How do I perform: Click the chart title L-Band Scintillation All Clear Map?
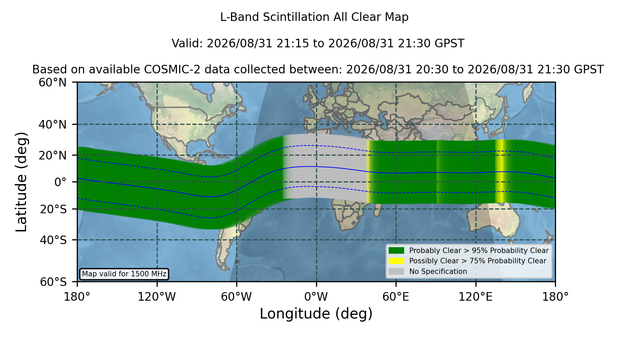[314, 17]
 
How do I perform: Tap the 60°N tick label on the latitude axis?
[53, 83]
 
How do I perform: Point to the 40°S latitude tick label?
[53, 240]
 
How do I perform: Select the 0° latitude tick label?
[60, 182]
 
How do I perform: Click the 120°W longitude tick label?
[157, 297]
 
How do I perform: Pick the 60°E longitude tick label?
[396, 297]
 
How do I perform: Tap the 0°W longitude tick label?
[316, 297]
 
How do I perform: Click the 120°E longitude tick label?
[475, 297]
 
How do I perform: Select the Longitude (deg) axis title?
[316, 314]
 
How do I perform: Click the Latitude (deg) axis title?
[22, 182]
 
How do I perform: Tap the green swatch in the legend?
[396, 251]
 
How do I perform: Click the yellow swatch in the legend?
[396, 261]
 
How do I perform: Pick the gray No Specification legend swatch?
[396, 272]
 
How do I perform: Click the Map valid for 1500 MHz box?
[124, 274]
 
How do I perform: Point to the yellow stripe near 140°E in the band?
[500, 171]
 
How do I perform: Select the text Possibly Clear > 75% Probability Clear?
[477, 261]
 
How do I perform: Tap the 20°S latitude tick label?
[53, 209]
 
